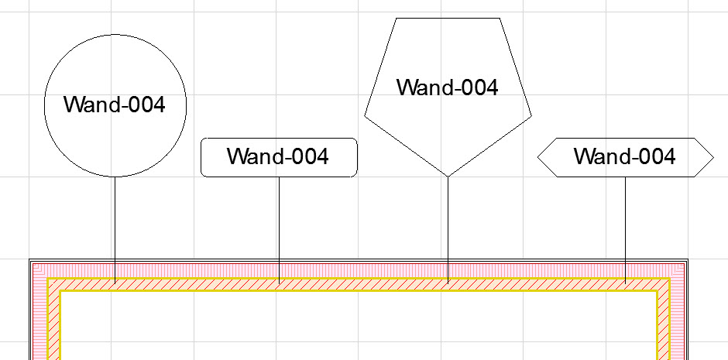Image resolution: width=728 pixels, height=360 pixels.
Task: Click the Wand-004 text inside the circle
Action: click(x=114, y=105)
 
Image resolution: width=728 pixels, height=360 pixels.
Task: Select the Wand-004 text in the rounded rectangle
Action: click(x=278, y=156)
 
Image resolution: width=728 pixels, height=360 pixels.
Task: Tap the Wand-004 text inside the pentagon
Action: click(x=448, y=87)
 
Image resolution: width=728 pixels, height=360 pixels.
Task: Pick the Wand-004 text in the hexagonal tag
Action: click(x=625, y=156)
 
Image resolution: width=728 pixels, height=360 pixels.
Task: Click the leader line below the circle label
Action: click(x=115, y=230)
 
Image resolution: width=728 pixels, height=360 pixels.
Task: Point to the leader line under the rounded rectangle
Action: click(x=279, y=230)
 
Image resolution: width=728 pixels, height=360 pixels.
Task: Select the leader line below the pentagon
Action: click(x=448, y=230)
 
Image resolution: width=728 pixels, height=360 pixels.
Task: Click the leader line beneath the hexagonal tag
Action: click(x=626, y=230)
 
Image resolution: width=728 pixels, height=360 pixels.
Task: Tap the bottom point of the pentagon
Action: click(x=448, y=177)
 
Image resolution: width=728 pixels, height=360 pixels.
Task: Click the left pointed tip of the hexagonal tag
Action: click(x=537, y=158)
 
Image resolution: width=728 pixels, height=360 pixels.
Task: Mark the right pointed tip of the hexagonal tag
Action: click(x=713, y=158)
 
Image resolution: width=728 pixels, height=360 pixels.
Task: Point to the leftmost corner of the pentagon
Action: click(x=365, y=115)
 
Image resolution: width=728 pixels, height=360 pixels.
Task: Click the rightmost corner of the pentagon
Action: click(x=531, y=115)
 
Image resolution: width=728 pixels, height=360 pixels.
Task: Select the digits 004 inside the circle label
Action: click(x=146, y=105)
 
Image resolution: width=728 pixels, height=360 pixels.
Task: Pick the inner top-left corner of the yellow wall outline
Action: click(x=60, y=291)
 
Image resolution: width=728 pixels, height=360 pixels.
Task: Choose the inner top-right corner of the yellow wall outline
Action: click(x=658, y=291)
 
